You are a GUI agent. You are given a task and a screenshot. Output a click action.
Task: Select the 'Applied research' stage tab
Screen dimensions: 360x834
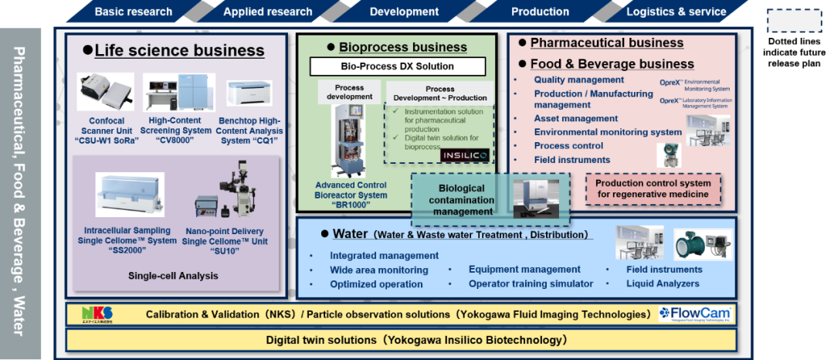point(267,12)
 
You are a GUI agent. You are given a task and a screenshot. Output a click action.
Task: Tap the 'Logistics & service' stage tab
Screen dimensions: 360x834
point(676,12)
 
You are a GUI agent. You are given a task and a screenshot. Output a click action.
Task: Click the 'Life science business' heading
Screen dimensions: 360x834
point(179,51)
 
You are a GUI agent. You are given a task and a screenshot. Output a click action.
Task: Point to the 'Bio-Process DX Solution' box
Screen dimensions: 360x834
point(398,66)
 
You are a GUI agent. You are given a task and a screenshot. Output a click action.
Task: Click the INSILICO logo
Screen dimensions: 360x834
point(463,156)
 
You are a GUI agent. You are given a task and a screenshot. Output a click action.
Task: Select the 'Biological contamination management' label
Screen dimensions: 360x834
point(462,200)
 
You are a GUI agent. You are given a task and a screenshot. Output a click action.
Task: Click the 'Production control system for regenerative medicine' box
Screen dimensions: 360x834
point(653,188)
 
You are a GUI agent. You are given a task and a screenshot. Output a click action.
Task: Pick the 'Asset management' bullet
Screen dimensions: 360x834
point(575,118)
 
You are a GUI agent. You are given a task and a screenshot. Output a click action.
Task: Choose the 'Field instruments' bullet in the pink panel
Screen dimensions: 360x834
point(571,160)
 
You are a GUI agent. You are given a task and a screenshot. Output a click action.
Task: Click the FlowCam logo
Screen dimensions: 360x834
point(694,314)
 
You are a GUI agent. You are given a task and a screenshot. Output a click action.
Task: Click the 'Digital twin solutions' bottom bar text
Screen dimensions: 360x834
point(417,340)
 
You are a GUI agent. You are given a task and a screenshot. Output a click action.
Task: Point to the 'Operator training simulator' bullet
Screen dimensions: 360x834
point(531,284)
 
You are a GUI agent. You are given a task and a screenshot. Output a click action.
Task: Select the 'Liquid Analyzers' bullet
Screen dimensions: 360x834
point(663,284)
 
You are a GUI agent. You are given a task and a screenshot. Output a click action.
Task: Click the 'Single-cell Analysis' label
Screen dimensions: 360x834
point(173,276)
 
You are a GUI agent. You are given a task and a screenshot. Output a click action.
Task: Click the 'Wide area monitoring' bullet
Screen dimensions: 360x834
point(378,270)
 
